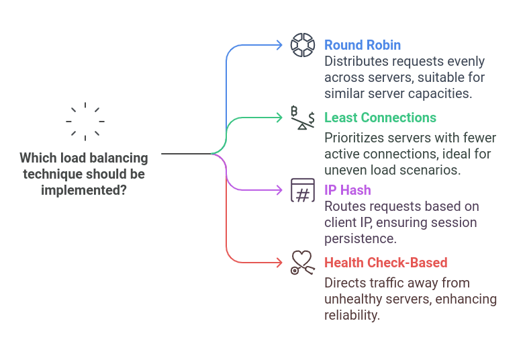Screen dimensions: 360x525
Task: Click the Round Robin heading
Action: coord(363,45)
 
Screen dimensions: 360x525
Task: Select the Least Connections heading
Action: coord(380,118)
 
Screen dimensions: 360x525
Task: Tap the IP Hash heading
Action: coord(348,190)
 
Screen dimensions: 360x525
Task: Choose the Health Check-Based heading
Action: coord(385,263)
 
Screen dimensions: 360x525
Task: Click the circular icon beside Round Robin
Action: coord(302,45)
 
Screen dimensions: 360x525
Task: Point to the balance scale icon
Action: coord(302,118)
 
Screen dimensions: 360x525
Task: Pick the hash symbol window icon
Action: coord(302,190)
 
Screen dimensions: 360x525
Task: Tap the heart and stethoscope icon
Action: coord(302,262)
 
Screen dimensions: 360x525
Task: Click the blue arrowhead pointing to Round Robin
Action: coord(279,45)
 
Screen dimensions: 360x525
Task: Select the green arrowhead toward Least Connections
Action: coord(279,118)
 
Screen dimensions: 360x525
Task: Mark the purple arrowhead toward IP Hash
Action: coord(279,190)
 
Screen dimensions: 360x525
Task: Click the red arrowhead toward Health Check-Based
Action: coord(279,262)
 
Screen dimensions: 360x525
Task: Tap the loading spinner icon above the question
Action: coord(85,122)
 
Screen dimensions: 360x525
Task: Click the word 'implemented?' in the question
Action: coord(84,190)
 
